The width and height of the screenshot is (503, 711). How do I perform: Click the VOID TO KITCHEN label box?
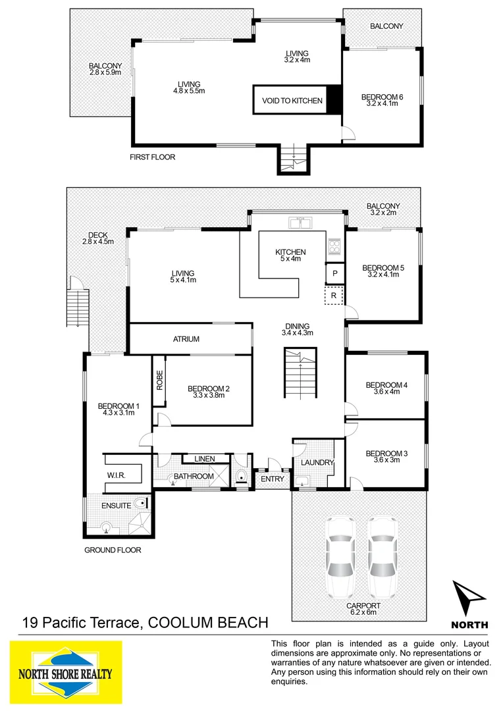coord(292,101)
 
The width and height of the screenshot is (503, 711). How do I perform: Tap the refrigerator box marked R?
coord(334,296)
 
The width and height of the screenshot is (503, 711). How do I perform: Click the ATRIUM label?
coord(186,339)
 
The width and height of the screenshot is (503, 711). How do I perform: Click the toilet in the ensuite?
coord(140,504)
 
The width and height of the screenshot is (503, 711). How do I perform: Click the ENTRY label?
coord(272,479)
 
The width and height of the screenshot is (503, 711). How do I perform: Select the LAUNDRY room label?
coord(318,463)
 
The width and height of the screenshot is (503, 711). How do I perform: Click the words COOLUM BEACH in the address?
coord(209,622)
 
